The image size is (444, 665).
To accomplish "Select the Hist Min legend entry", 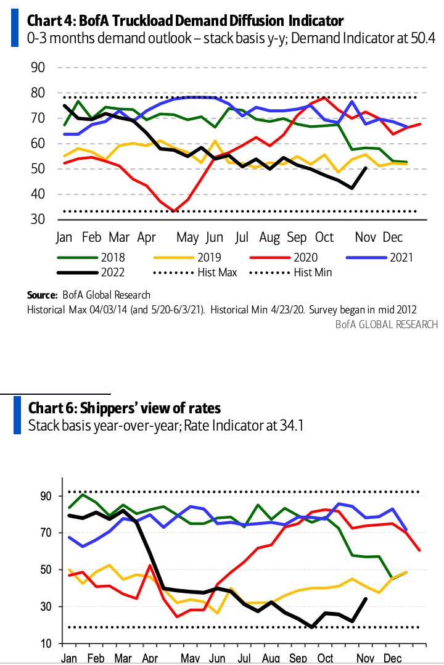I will [x=313, y=272].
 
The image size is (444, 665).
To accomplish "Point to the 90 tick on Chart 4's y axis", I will [x=39, y=67].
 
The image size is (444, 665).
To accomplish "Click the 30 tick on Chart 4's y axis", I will [x=39, y=220].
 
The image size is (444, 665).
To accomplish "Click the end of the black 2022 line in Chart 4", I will [x=366, y=167].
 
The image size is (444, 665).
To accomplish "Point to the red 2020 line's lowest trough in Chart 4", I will [x=175, y=211].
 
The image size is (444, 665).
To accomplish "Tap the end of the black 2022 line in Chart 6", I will [x=366, y=598].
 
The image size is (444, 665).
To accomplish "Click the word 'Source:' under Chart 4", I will [x=42, y=295].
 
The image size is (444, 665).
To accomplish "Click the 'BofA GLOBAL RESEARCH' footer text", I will [x=387, y=324].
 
